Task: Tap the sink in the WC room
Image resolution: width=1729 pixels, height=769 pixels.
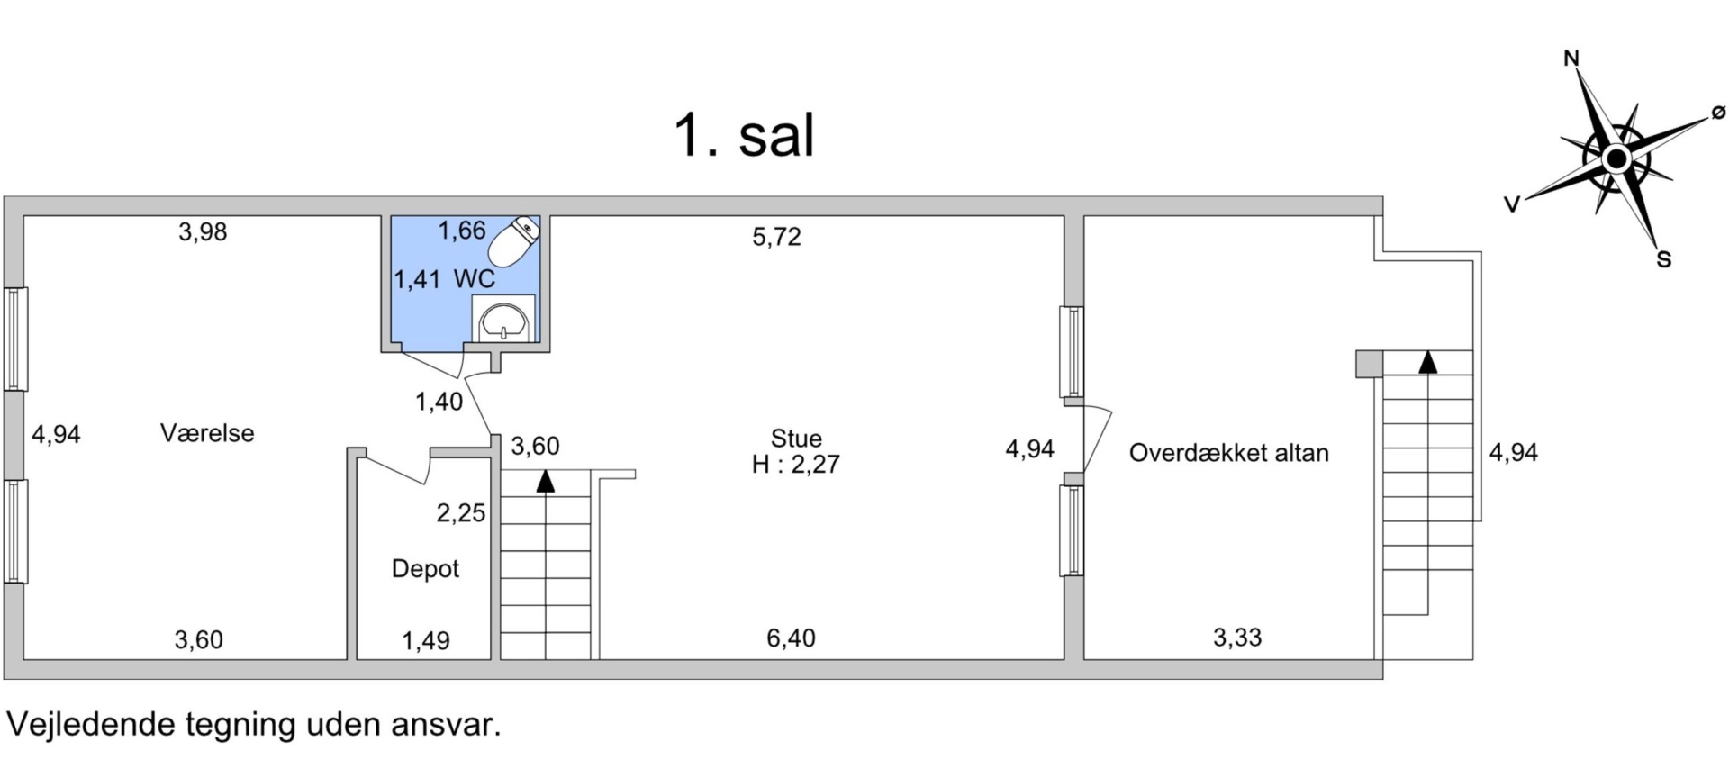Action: point(503,319)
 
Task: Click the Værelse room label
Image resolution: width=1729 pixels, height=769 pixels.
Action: point(207,433)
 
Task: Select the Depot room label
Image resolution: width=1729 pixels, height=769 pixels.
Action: point(425,569)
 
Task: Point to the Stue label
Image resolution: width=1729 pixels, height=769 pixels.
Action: point(796,439)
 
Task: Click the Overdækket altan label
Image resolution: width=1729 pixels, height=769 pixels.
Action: point(1229,452)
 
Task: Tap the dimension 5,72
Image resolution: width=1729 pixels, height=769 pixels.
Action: point(776,237)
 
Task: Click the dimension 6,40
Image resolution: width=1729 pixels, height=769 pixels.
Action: point(791,638)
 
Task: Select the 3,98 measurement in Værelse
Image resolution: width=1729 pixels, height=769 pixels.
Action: point(203,232)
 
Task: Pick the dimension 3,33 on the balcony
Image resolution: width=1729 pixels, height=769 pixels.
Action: point(1237,638)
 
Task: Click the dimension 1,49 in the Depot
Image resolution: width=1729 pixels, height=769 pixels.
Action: point(426,641)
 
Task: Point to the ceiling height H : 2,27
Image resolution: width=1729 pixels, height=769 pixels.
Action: point(796,465)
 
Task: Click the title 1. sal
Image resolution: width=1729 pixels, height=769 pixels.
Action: point(745,136)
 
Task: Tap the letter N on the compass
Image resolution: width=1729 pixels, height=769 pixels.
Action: point(1571,59)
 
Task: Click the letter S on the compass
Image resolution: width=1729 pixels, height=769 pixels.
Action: point(1664,260)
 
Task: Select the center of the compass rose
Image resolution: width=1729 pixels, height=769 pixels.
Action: point(1616,160)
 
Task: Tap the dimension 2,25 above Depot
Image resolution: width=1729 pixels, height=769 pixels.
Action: point(461,513)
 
